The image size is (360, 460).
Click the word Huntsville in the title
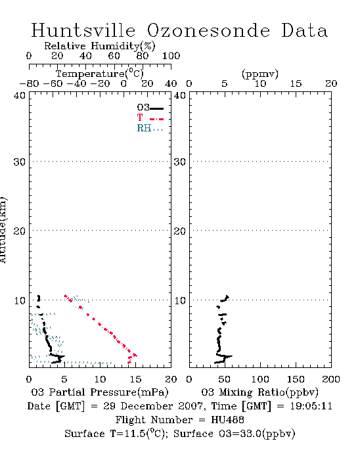(83, 30)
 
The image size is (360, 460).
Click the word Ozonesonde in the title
(208, 30)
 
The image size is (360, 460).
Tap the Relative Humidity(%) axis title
(100, 46)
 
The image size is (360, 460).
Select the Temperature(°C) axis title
(100, 74)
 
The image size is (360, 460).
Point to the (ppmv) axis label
(260, 74)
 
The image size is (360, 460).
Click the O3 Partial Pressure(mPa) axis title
(100, 392)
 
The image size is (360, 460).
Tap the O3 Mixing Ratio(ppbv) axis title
(259, 392)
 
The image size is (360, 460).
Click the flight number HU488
(227, 420)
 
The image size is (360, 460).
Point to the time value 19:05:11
(311, 406)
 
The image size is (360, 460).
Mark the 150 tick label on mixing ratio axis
(296, 379)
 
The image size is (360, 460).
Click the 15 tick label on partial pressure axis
(135, 379)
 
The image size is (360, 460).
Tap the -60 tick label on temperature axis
(53, 83)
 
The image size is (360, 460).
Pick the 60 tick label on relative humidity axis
(114, 56)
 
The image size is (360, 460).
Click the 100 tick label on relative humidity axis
(171, 56)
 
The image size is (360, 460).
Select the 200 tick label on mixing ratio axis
(331, 379)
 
